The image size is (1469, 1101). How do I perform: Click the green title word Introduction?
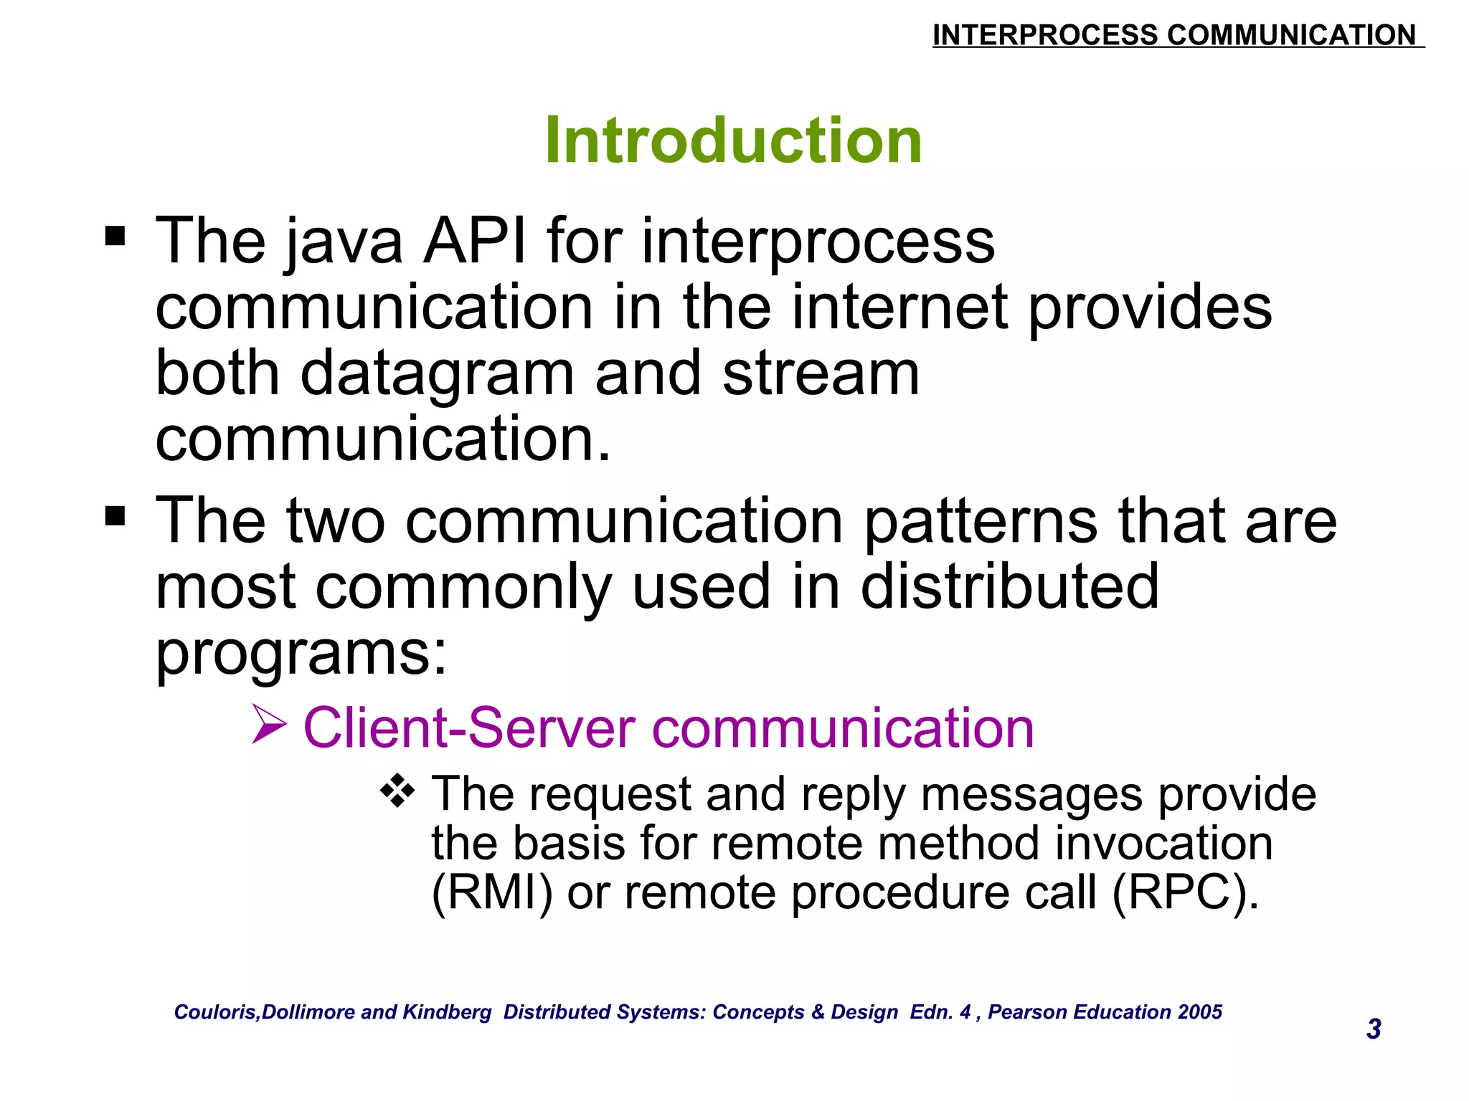pos(733,140)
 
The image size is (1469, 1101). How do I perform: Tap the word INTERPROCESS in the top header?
pos(1044,35)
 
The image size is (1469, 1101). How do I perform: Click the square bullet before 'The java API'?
pos(115,236)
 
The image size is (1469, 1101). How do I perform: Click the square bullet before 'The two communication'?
pos(115,515)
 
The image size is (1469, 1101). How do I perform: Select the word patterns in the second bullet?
pos(980,522)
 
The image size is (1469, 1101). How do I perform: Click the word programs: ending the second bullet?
pos(301,654)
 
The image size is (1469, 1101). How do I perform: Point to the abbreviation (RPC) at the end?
pos(1185,893)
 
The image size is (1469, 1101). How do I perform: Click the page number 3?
pos(1374,1029)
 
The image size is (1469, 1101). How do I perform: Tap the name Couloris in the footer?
pos(216,1012)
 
